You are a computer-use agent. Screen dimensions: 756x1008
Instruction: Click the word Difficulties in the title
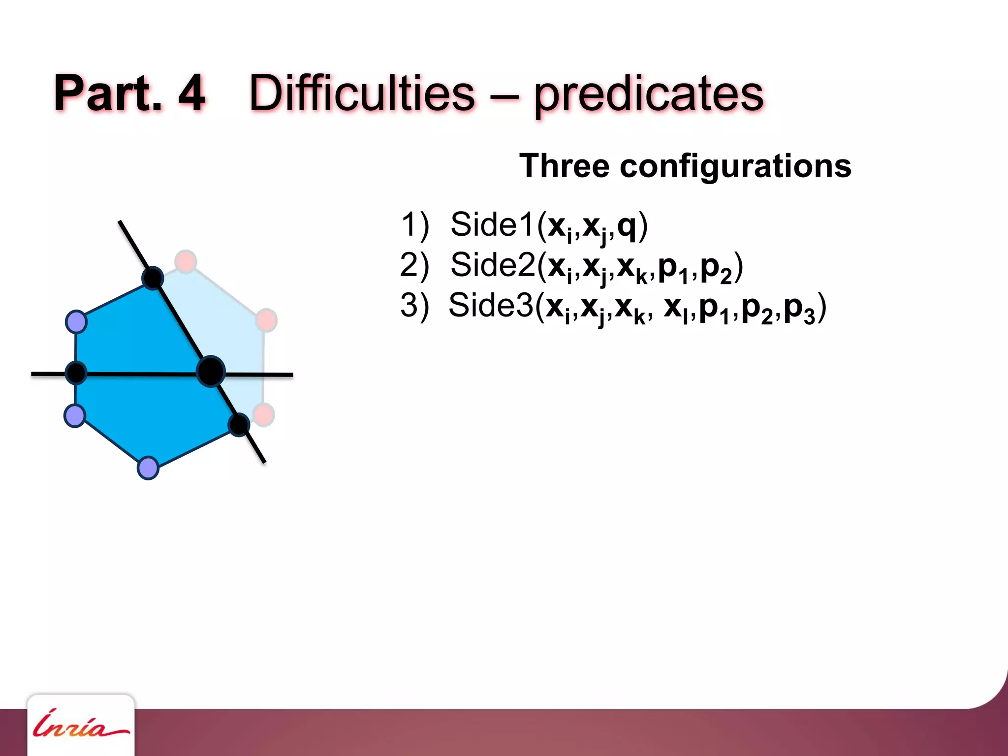coord(362,94)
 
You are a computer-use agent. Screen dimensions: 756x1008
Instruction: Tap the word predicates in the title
coord(649,94)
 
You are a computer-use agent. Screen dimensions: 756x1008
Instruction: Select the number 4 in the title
coord(191,94)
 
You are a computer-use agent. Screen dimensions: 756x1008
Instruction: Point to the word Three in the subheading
coord(564,166)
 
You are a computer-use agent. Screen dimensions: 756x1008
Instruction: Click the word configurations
coord(735,167)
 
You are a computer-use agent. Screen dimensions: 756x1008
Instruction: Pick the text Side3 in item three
coord(491,306)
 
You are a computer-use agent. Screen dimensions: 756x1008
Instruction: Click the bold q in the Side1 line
coord(627,226)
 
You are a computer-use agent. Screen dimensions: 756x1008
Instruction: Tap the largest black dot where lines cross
coord(211,371)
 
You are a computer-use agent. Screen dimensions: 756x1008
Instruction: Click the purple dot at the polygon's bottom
coord(148,468)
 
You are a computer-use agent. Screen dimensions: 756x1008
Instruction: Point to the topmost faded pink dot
coord(186,261)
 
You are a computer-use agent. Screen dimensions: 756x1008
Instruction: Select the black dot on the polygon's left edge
coord(76,373)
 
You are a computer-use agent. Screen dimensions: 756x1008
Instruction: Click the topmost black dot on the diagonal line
coord(153,278)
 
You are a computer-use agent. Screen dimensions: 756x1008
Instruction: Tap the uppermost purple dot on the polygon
coord(76,322)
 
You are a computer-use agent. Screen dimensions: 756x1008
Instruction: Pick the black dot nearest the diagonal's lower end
coord(239,424)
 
